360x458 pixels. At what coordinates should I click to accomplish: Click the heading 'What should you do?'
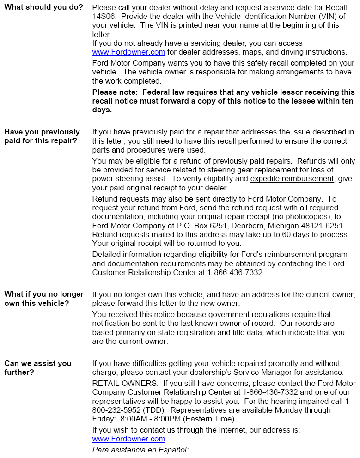pos(44,8)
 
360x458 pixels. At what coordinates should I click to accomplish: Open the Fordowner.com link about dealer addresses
pos(128,52)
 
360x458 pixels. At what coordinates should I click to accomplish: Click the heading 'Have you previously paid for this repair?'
pos(42,136)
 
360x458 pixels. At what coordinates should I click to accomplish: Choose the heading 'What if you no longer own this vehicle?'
pos(44,299)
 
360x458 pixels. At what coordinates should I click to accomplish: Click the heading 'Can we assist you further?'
pos(38,368)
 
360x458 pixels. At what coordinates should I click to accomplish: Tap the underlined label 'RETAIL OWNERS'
pos(124,384)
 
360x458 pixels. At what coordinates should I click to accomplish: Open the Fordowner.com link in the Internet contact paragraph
pos(128,439)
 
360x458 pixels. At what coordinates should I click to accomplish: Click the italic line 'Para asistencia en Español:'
pos(140,449)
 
